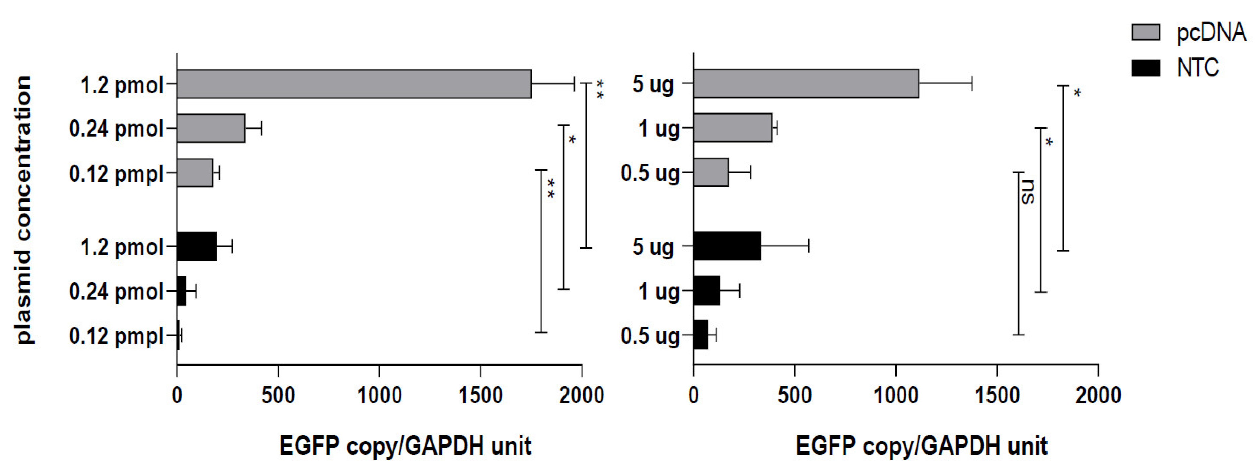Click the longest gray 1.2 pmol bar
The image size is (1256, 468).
(354, 84)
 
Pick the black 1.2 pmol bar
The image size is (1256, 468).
(196, 247)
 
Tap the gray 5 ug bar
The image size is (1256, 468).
(805, 83)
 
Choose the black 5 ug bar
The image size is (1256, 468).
(726, 246)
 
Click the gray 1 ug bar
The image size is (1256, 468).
(732, 128)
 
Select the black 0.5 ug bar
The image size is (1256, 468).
(700, 335)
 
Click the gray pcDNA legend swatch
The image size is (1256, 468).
(1145, 32)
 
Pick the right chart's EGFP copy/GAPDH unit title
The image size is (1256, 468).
(921, 446)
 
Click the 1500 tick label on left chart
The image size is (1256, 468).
(480, 395)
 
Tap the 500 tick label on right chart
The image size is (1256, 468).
(794, 395)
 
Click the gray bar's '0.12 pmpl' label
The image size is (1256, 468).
(116, 174)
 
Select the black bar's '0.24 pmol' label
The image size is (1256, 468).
(116, 292)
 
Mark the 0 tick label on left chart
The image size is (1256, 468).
(177, 395)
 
